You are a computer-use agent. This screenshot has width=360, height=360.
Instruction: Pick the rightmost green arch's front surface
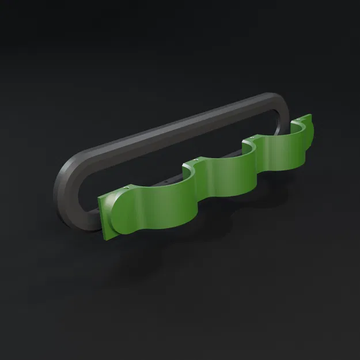pyautogui.click(x=282, y=156)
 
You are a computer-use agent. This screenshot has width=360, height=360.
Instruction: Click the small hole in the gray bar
pyautogui.click(x=166, y=180)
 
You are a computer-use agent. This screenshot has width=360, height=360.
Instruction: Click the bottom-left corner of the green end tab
pyautogui.click(x=105, y=238)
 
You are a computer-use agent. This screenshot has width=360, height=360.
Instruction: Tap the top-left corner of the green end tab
pyautogui.click(x=99, y=198)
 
